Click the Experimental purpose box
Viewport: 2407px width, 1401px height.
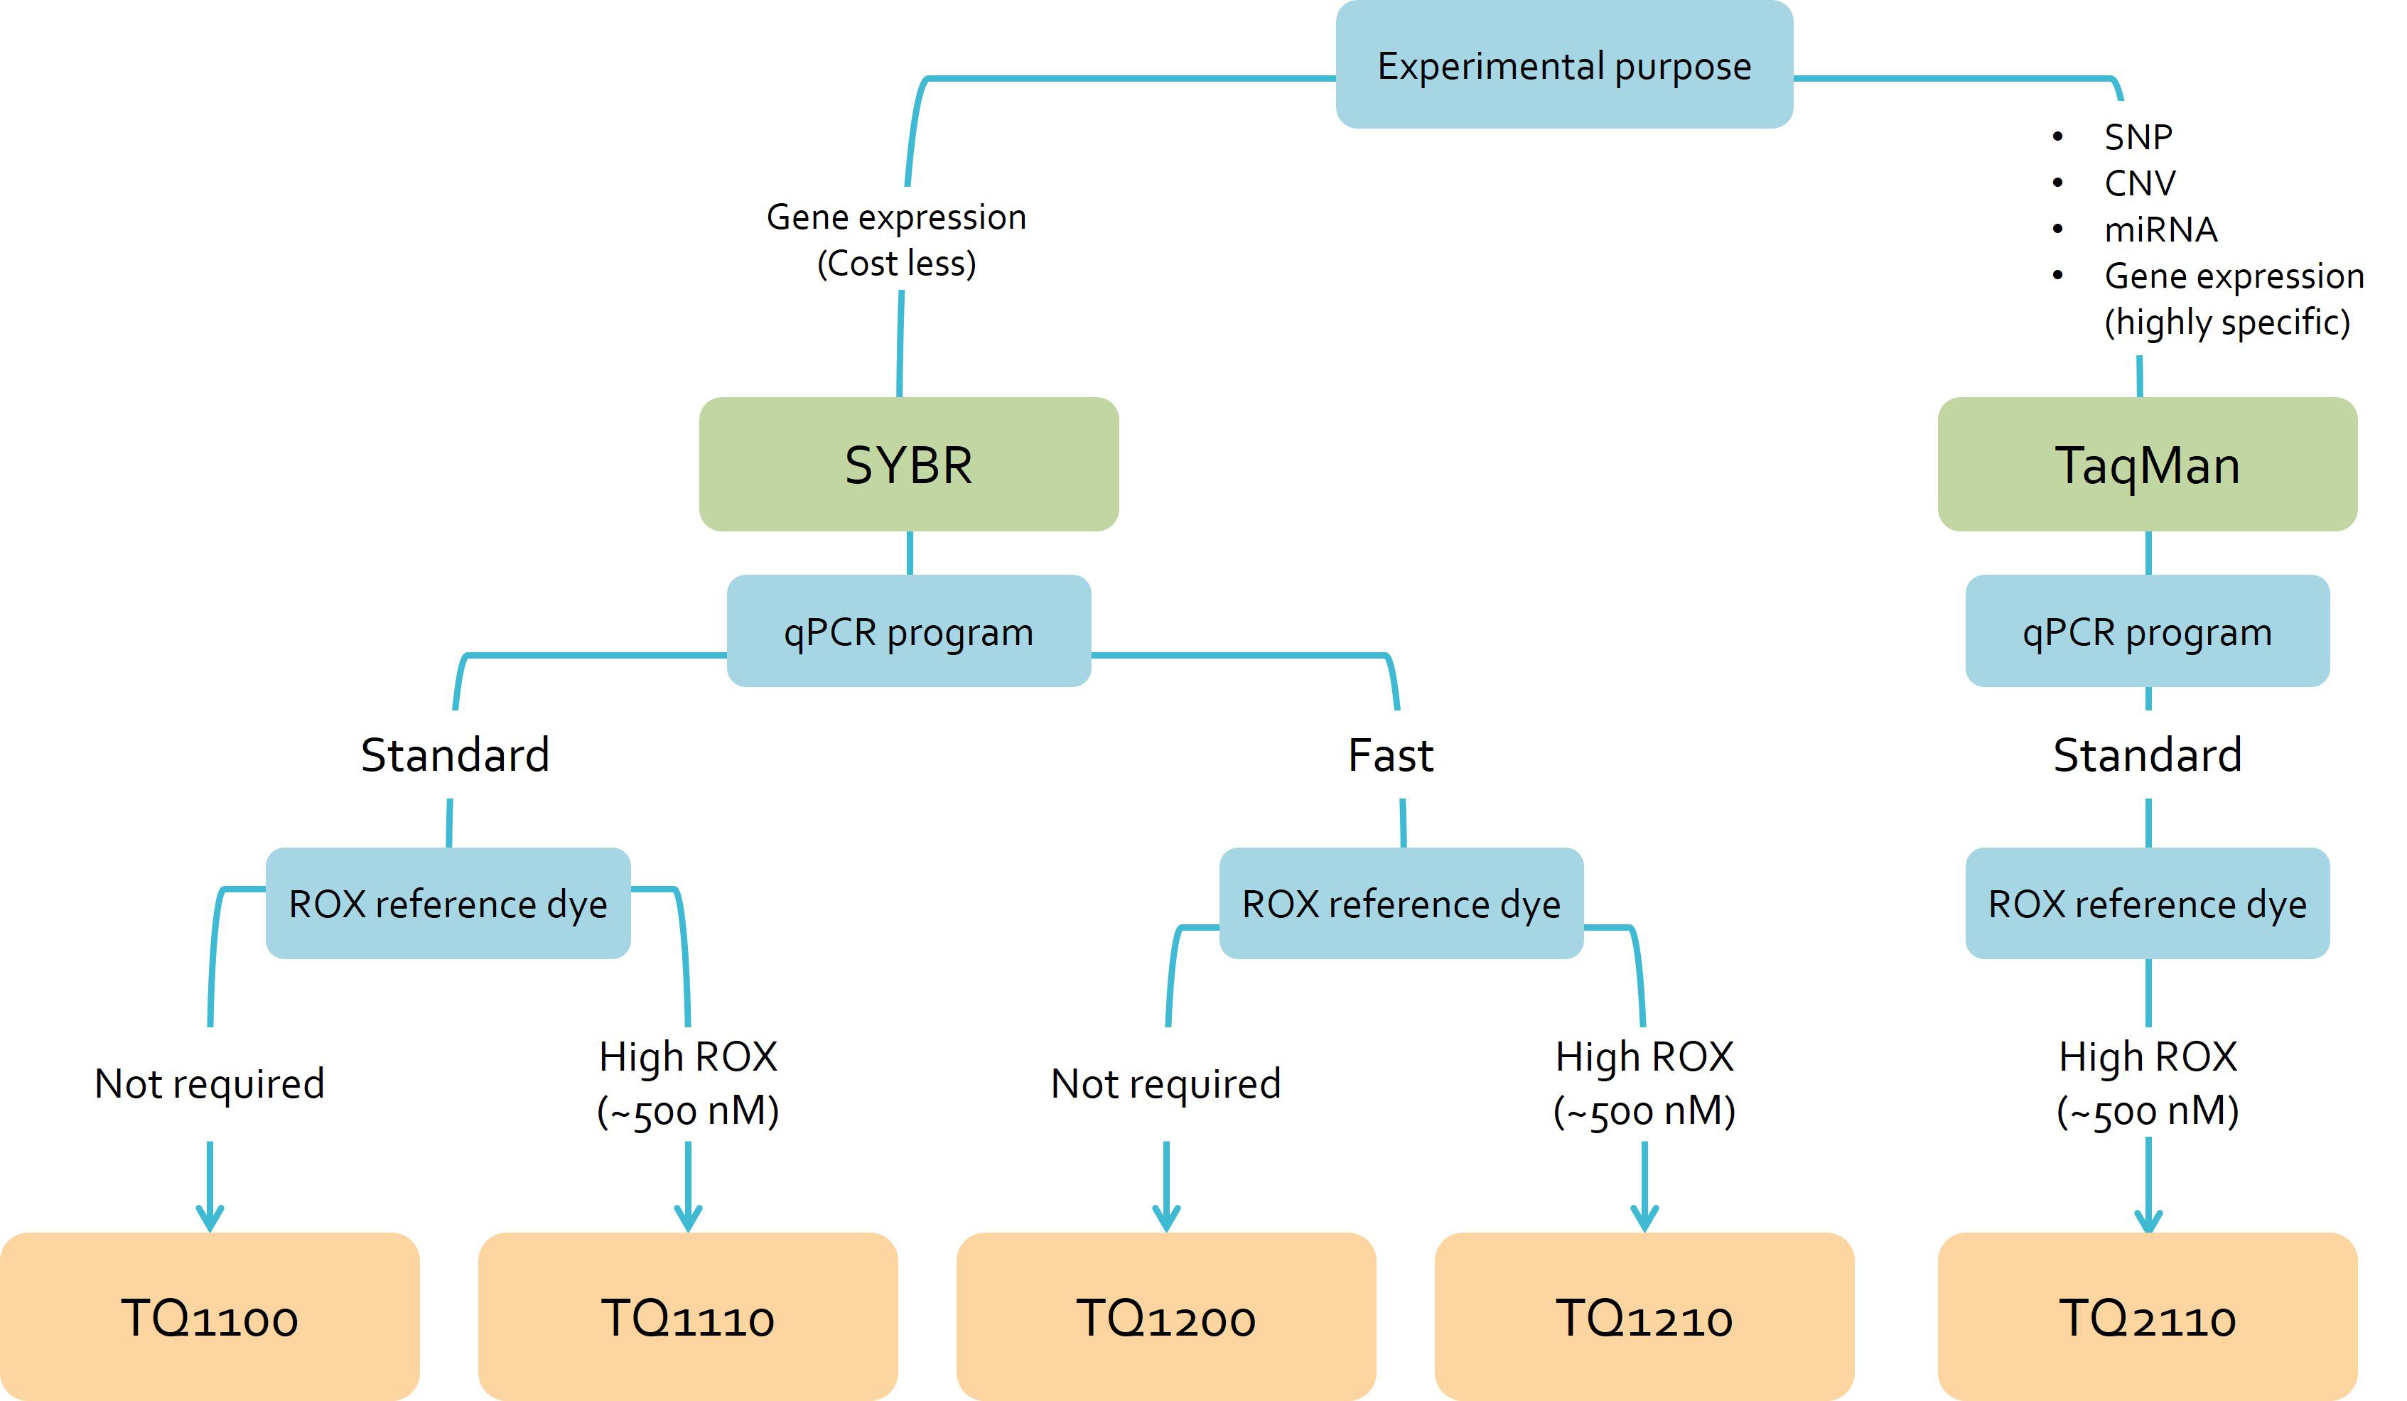coord(1563,65)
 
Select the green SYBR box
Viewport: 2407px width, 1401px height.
coord(908,464)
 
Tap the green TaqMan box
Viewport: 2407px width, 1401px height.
coord(2147,464)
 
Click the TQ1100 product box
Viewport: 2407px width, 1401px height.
coord(209,1317)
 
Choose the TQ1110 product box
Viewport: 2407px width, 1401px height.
coord(688,1317)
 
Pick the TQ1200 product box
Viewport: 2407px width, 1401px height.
coord(1165,1317)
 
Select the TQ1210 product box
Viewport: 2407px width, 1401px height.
coord(1644,1317)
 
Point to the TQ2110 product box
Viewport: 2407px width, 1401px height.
coord(2147,1317)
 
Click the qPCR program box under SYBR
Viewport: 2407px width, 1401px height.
coord(908,632)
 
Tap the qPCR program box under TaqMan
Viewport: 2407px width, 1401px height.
coord(2147,632)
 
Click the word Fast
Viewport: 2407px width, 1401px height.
coord(1390,755)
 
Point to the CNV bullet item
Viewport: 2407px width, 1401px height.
coord(2140,183)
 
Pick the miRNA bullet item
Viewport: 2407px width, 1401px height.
coord(2160,230)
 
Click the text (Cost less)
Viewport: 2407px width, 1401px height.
coord(896,264)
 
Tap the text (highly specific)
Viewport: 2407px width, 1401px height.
coord(2226,323)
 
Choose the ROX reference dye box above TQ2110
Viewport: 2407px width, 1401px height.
coord(2147,904)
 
